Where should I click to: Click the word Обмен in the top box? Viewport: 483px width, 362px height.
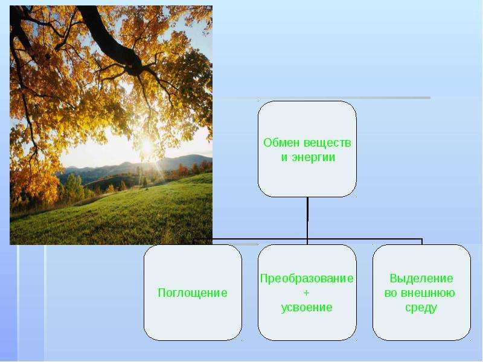click(281, 143)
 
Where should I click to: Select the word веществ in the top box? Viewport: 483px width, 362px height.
click(327, 143)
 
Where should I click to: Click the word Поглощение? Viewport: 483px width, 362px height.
click(193, 293)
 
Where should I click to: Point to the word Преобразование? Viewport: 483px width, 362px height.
click(307, 278)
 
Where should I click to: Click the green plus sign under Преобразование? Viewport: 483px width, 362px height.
click(306, 293)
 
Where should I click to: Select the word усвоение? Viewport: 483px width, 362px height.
click(307, 308)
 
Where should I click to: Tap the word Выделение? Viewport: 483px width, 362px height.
click(421, 278)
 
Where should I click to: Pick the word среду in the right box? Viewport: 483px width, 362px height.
click(421, 308)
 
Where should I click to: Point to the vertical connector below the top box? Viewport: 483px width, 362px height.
click(307, 218)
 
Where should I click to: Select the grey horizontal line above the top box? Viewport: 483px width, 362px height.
click(322, 98)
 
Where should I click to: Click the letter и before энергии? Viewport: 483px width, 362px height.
click(284, 157)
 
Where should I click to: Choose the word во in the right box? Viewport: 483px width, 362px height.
click(391, 293)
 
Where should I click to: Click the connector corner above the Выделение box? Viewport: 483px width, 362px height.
click(421, 239)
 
